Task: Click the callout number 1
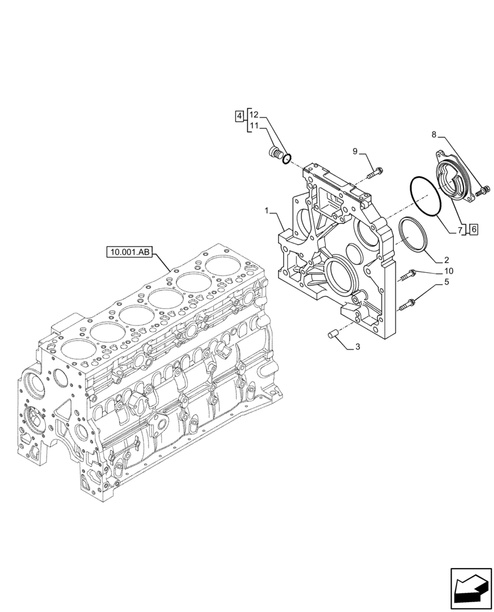point(267,211)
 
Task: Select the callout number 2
point(447,259)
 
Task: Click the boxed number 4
point(240,115)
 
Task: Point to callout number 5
point(447,282)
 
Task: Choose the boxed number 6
point(473,229)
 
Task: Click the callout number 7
point(459,230)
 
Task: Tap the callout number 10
point(449,271)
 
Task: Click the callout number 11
point(254,126)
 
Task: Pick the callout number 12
point(254,115)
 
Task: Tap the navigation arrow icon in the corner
point(471,589)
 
